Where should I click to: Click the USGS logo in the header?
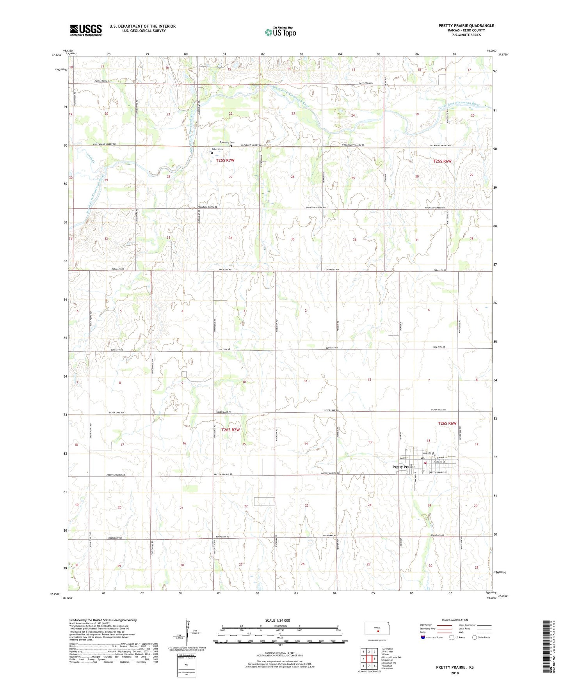tap(86, 30)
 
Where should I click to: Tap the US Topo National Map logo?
tap(280, 32)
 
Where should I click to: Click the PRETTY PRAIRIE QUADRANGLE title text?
tap(466, 26)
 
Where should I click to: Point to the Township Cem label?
tap(227, 142)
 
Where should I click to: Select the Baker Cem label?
tap(217, 149)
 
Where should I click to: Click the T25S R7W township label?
tap(225, 160)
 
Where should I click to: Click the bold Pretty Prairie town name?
tap(404, 467)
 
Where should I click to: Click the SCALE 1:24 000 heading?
tap(278, 621)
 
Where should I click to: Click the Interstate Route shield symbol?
tap(423, 637)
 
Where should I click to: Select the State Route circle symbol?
tap(474, 637)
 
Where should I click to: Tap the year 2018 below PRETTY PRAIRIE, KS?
tap(455, 673)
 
